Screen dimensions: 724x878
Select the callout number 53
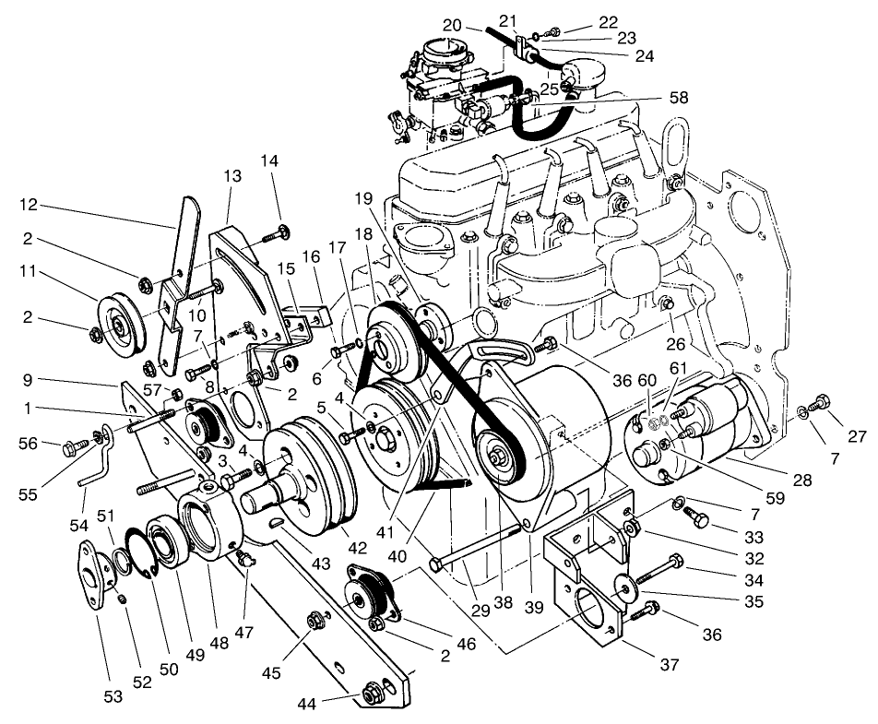[x=113, y=696]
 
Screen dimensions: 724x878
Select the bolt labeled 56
[x=71, y=448]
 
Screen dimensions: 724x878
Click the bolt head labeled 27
[x=824, y=401]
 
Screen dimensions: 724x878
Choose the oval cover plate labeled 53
[x=95, y=569]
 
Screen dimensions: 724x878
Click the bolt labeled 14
[x=277, y=231]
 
